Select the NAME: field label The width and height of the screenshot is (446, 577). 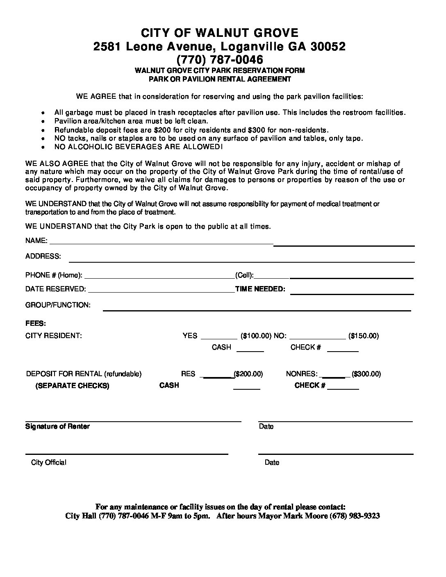(x=36, y=241)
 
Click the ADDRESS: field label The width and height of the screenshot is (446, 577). (x=43, y=256)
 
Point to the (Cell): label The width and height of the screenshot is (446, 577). (x=244, y=275)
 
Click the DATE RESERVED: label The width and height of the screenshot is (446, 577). (x=55, y=289)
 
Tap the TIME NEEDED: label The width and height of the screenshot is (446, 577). (x=260, y=289)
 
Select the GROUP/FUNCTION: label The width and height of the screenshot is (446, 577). (x=58, y=305)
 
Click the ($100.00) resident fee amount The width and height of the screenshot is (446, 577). (x=256, y=336)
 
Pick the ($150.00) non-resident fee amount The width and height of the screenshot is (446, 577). (x=363, y=336)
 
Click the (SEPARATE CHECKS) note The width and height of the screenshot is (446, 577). (x=72, y=386)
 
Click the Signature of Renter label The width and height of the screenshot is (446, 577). (x=57, y=427)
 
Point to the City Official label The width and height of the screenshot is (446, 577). (x=48, y=463)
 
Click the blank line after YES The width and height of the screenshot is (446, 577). (x=219, y=338)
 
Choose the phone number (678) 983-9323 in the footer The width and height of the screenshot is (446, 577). (x=355, y=516)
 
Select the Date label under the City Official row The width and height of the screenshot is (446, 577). (x=272, y=463)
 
